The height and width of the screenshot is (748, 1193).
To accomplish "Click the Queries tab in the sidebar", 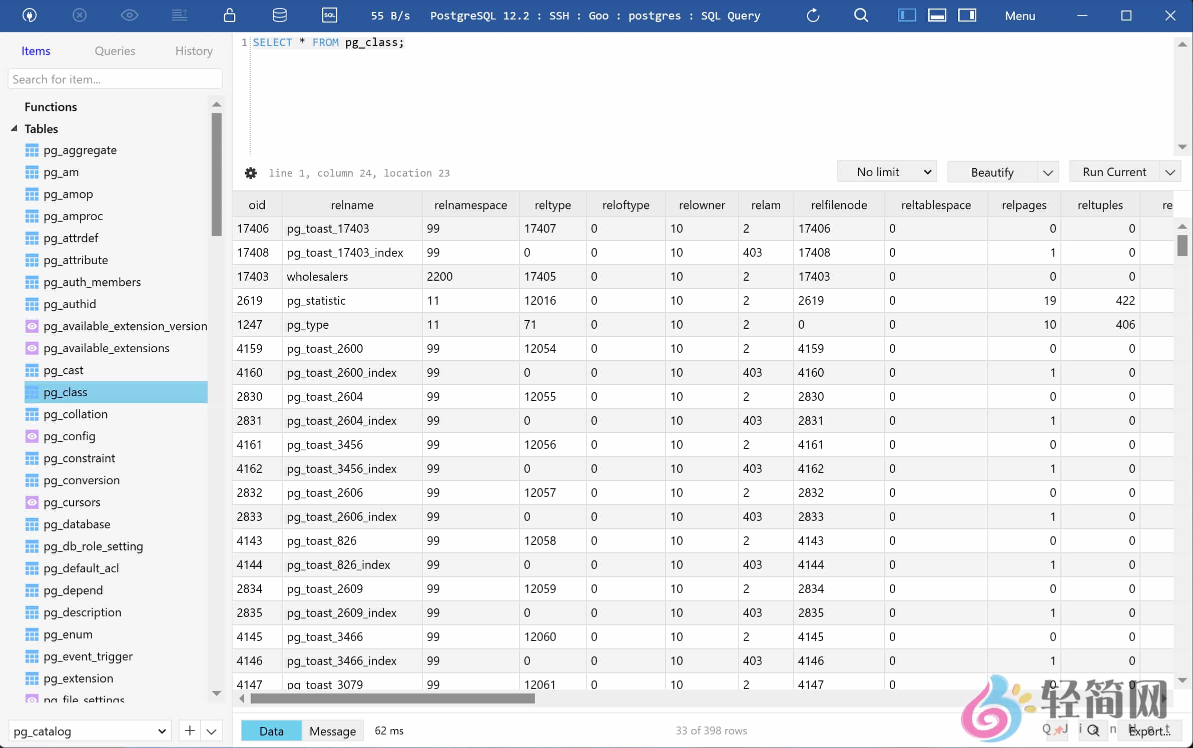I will pos(115,51).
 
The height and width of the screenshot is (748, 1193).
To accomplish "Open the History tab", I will pos(194,51).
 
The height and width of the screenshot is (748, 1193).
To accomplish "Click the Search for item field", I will pos(115,79).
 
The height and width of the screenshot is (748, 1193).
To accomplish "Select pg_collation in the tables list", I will pos(75,414).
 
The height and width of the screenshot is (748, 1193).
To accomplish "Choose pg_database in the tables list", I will pos(77,524).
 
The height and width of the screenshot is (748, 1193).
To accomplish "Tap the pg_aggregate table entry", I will pos(80,150).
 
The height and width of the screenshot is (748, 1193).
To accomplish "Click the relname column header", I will pos(352,205).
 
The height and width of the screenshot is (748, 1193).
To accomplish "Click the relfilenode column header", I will pos(839,205).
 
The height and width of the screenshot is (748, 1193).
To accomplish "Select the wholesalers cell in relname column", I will pos(317,277).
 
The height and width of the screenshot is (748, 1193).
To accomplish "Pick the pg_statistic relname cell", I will pos(316,301).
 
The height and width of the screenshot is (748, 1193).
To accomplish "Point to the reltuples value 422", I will pos(1124,301).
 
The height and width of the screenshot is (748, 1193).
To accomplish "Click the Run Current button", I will pos(1114,172).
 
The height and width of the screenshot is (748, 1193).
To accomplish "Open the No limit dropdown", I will pos(886,172).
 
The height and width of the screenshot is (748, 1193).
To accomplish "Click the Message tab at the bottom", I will pos(332,731).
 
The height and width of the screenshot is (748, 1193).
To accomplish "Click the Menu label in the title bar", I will pos(1019,16).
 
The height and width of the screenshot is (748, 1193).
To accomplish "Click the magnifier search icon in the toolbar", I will pos(861,16).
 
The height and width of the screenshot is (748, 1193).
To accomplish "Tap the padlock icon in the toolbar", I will pos(229,16).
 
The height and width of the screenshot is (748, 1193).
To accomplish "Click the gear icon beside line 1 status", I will pos(251,173).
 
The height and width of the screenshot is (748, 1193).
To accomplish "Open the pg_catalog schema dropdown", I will pos(90,731).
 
